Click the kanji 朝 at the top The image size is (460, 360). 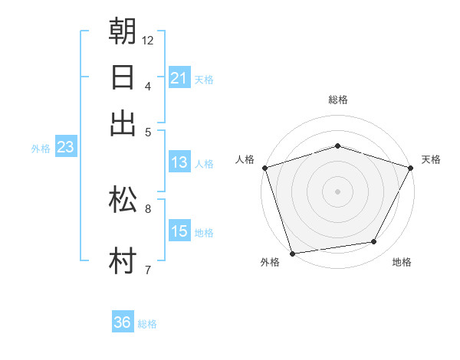click(x=123, y=31)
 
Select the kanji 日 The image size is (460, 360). click(x=123, y=77)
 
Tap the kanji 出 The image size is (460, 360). click(x=123, y=123)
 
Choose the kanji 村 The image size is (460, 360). click(x=123, y=260)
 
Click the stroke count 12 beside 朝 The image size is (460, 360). click(x=148, y=40)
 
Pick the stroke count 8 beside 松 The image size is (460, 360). click(x=148, y=208)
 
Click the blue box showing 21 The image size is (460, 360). click(x=179, y=78)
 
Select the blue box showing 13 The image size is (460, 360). click(x=179, y=162)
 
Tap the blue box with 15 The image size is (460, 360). click(x=179, y=231)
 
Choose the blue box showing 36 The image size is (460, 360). click(x=123, y=322)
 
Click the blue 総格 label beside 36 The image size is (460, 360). click(x=147, y=324)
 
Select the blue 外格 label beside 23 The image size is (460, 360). click(x=41, y=149)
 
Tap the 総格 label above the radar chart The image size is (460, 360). click(x=337, y=100)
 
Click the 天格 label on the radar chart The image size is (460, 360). click(x=431, y=159)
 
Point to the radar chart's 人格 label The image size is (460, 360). click(x=245, y=159)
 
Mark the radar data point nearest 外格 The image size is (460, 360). click(x=292, y=253)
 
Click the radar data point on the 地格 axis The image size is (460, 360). click(x=374, y=242)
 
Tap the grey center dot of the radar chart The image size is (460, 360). click(x=337, y=191)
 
